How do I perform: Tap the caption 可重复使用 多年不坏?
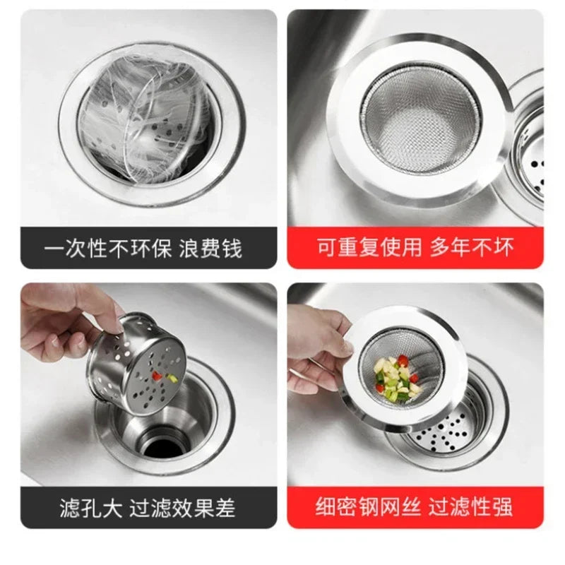coord(415,247)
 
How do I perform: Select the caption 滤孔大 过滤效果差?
coord(148,507)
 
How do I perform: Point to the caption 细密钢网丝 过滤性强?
coord(415,507)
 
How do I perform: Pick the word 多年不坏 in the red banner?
coord(474,247)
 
